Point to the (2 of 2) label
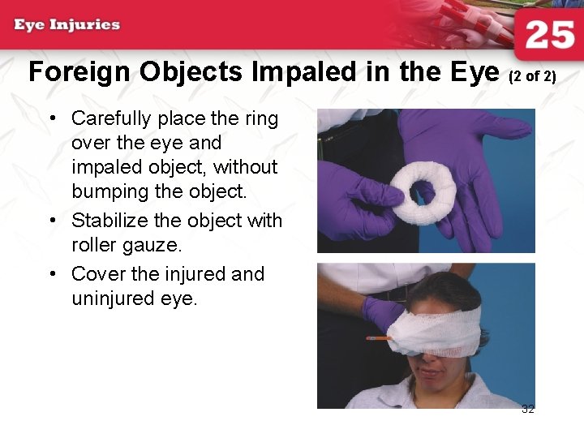pyautogui.click(x=532, y=77)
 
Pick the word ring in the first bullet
pyautogui.click(x=261, y=118)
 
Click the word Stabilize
pyautogui.click(x=109, y=221)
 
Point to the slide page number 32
pyautogui.click(x=528, y=409)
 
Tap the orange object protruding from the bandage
pyautogui.click(x=377, y=337)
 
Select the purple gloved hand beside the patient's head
pyautogui.click(x=381, y=312)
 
